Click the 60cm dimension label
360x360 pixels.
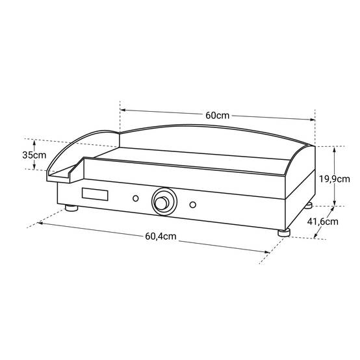[x=217, y=115]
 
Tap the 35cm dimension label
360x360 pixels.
[x=34, y=155]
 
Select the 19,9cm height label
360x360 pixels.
[x=335, y=179]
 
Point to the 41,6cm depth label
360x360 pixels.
[x=322, y=222]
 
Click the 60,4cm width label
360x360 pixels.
[x=161, y=236]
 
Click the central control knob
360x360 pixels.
[x=164, y=202]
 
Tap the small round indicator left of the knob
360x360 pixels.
[x=136, y=198]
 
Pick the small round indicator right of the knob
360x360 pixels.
[x=193, y=205]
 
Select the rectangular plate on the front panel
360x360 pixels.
[x=95, y=194]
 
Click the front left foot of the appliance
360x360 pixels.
[x=71, y=208]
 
